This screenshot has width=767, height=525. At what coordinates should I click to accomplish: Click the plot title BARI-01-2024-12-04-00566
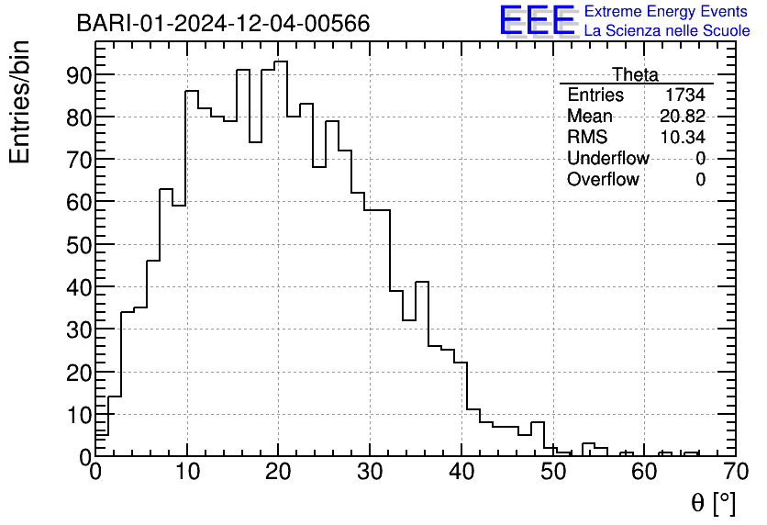pyautogui.click(x=223, y=24)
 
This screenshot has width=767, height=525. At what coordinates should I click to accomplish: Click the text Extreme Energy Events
pyautogui.click(x=665, y=12)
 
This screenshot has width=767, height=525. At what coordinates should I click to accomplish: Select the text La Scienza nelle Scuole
pyautogui.click(x=667, y=31)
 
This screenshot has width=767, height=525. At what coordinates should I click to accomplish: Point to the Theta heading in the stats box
pyautogui.click(x=635, y=74)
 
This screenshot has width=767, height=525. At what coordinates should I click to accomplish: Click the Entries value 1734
pyautogui.click(x=685, y=95)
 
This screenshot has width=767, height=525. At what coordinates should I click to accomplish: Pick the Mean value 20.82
pyautogui.click(x=683, y=117)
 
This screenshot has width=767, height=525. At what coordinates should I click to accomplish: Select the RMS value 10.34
pyautogui.click(x=683, y=138)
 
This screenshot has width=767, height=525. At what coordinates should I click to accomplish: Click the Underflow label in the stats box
pyautogui.click(x=607, y=159)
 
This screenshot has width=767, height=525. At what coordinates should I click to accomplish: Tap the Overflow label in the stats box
pyautogui.click(x=603, y=180)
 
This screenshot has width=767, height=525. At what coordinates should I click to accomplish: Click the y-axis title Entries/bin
pyautogui.click(x=20, y=102)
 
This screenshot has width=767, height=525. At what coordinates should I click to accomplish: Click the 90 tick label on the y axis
pyautogui.click(x=78, y=75)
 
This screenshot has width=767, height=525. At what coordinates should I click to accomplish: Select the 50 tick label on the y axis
pyautogui.click(x=78, y=244)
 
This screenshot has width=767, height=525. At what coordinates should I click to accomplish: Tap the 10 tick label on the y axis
pyautogui.click(x=78, y=414)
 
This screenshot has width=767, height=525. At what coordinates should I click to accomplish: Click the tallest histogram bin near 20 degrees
pyautogui.click(x=281, y=62)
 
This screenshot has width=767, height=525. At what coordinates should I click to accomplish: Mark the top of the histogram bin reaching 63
pyautogui.click(x=166, y=189)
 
